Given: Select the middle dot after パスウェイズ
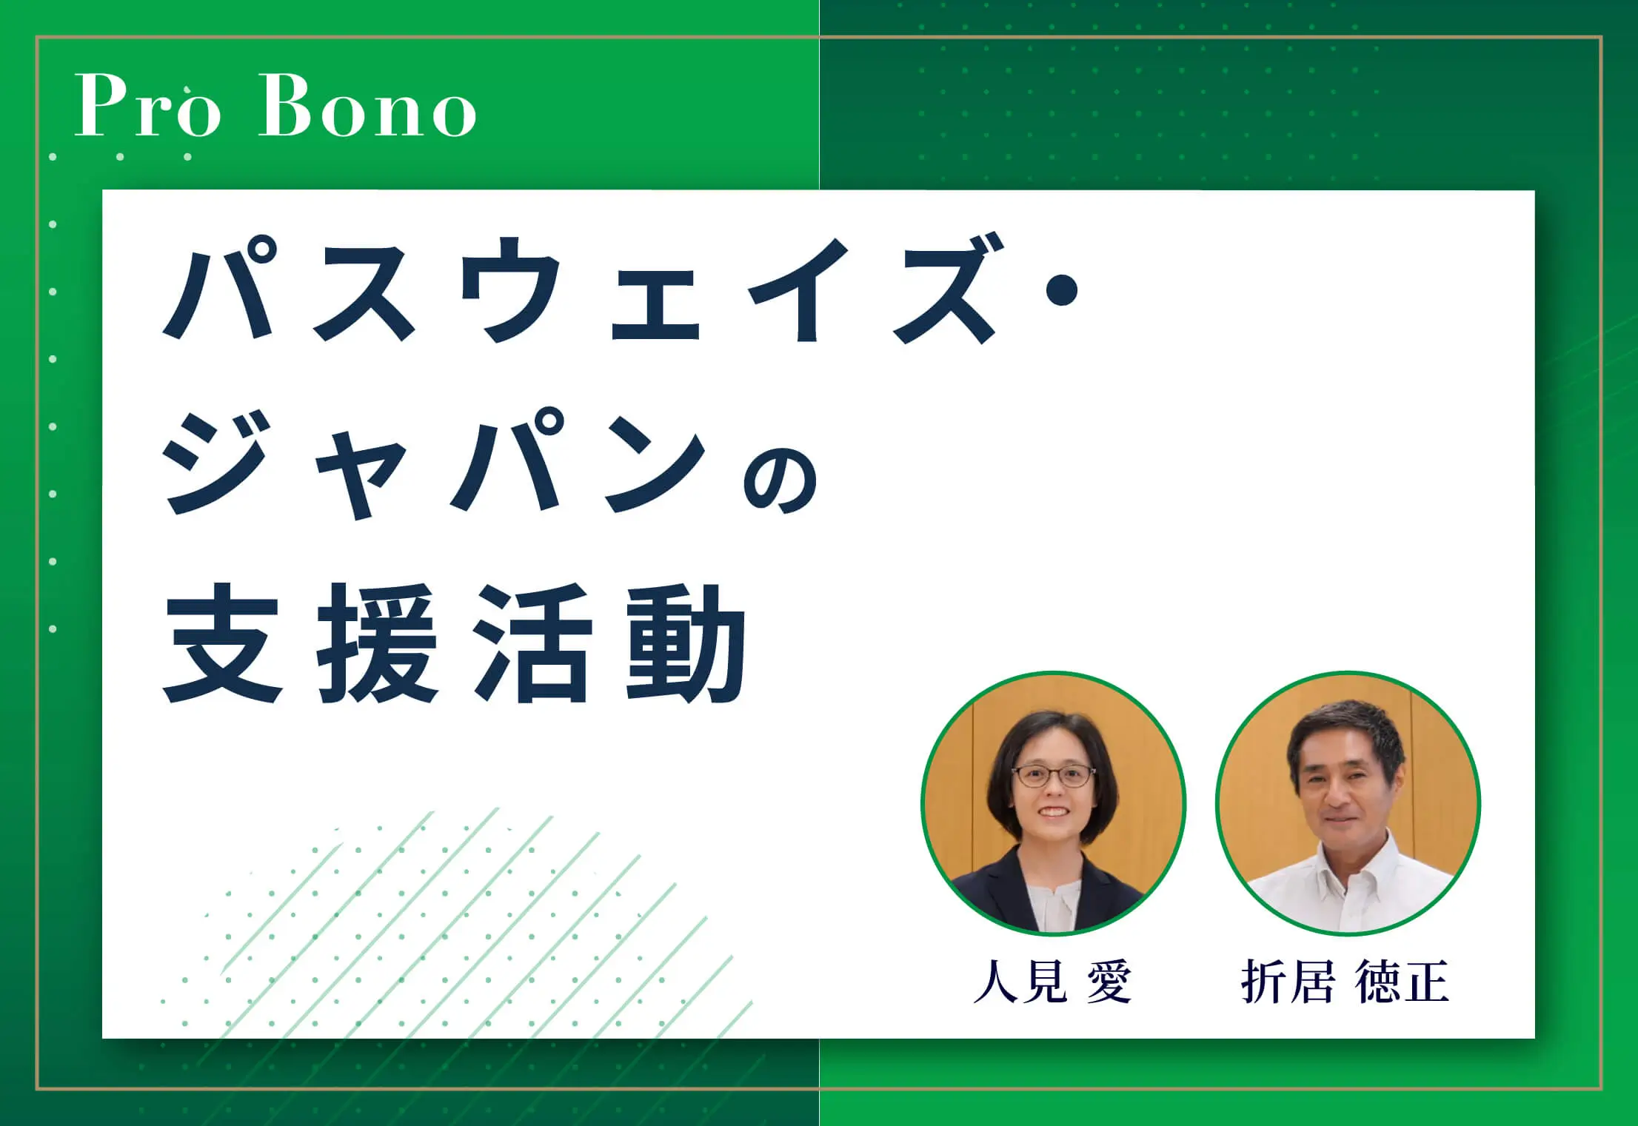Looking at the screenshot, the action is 1059,289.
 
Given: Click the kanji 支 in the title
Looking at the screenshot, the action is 222,642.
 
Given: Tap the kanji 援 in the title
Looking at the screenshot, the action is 377,642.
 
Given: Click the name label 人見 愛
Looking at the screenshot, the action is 1052,982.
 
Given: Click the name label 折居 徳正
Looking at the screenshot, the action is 1345,982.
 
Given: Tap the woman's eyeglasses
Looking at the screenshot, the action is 1053,776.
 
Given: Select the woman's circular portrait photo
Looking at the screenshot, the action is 1053,804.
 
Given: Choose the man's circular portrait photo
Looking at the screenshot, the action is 1348,804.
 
